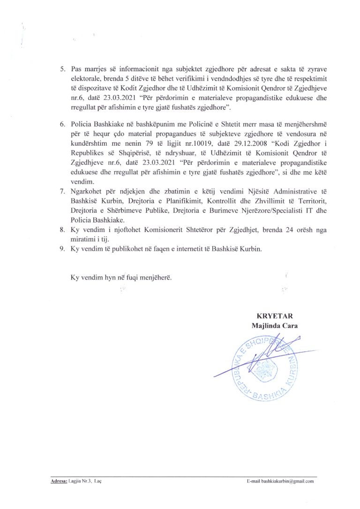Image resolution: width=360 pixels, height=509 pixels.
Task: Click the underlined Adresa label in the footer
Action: [58, 482]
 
